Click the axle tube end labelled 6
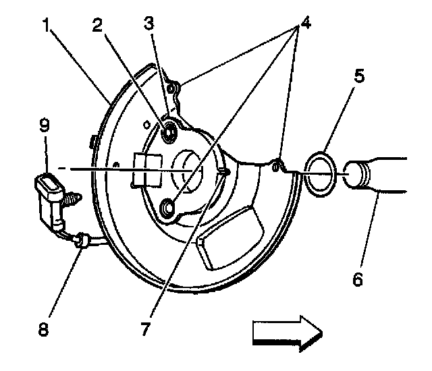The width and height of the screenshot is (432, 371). pyautogui.click(x=378, y=174)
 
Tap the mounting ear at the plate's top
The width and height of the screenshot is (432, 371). pyautogui.click(x=173, y=87)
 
